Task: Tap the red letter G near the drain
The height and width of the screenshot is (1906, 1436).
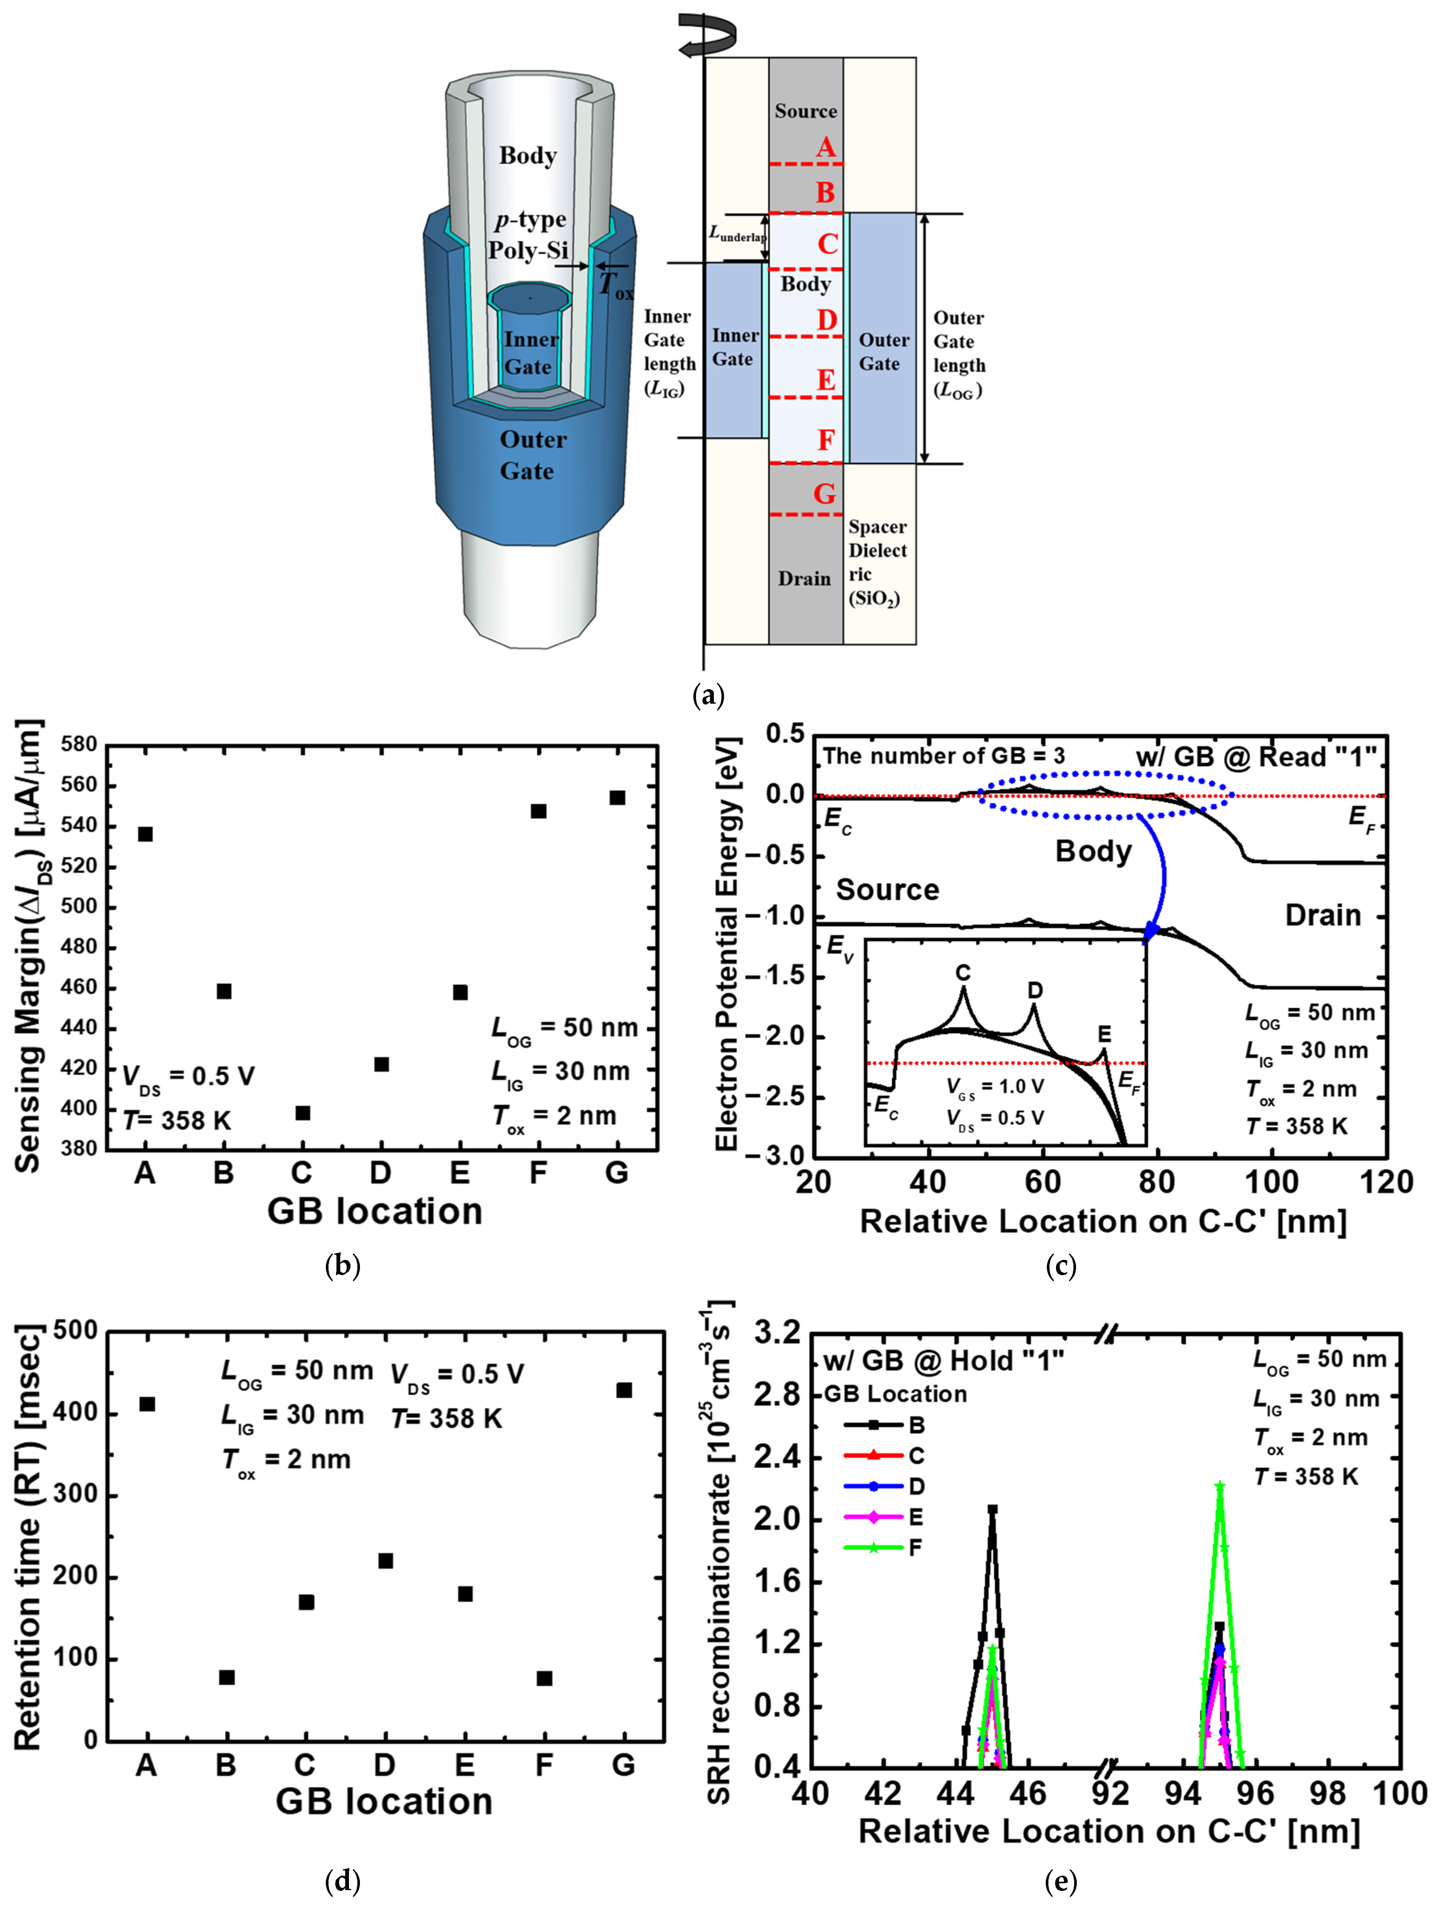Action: click(824, 494)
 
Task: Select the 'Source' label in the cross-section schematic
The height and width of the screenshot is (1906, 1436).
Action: click(806, 111)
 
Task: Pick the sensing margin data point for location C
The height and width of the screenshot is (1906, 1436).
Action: click(302, 1113)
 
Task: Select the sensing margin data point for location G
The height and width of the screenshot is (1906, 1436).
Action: click(617, 798)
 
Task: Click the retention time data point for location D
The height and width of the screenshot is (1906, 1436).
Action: click(385, 1561)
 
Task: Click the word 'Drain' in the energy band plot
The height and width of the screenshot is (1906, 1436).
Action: click(1322, 915)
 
